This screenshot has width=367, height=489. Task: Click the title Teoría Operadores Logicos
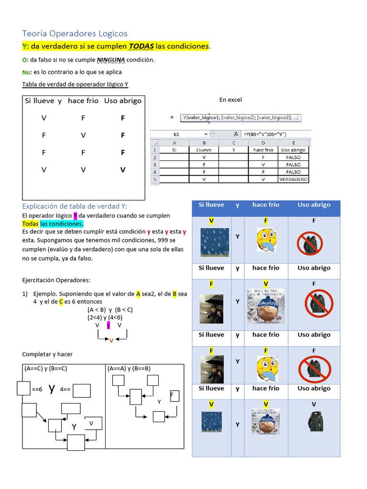[x=75, y=33]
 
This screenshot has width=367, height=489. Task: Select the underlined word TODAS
[x=141, y=46]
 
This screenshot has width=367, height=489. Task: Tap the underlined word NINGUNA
[x=111, y=60]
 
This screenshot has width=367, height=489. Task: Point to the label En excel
[x=231, y=100]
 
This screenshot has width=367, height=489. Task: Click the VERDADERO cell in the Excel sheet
[x=293, y=180]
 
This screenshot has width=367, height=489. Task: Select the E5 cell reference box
[x=176, y=135]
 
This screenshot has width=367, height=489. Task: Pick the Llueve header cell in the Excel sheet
[x=204, y=149]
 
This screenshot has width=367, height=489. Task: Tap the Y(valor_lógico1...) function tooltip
[x=240, y=117]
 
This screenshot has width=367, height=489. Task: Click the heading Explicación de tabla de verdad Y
[x=75, y=206]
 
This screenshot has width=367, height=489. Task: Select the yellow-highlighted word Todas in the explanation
[x=30, y=224]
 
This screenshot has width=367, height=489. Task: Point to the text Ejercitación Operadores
[x=56, y=280]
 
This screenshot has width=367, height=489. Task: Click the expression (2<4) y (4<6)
[x=105, y=317]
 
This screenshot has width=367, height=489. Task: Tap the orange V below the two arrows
[x=111, y=340]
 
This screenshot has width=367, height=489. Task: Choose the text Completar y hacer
[x=47, y=354]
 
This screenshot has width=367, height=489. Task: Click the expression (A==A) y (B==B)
[x=129, y=369]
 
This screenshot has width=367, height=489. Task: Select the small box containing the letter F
[x=174, y=396]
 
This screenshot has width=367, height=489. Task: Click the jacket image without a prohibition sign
[x=314, y=421]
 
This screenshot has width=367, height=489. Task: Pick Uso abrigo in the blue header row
[x=314, y=205]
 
